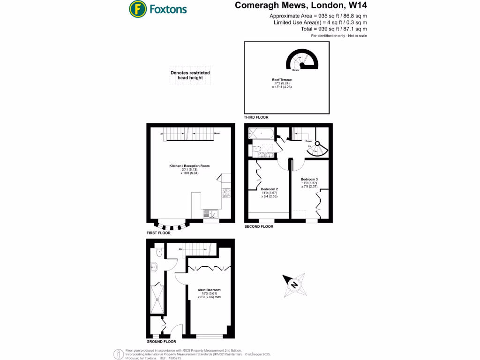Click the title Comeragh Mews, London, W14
tap(300, 6)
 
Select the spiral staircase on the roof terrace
tap(302, 60)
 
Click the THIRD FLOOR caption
tap(256, 117)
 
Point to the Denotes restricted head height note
tap(190, 75)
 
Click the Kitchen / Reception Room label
tap(189, 166)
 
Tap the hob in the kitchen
tap(226, 192)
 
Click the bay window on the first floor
tap(171, 225)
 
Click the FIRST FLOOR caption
tap(158, 232)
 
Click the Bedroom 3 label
tap(309, 180)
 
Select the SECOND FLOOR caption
tap(259, 226)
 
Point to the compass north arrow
tap(294, 285)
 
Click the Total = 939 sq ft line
tap(334, 29)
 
